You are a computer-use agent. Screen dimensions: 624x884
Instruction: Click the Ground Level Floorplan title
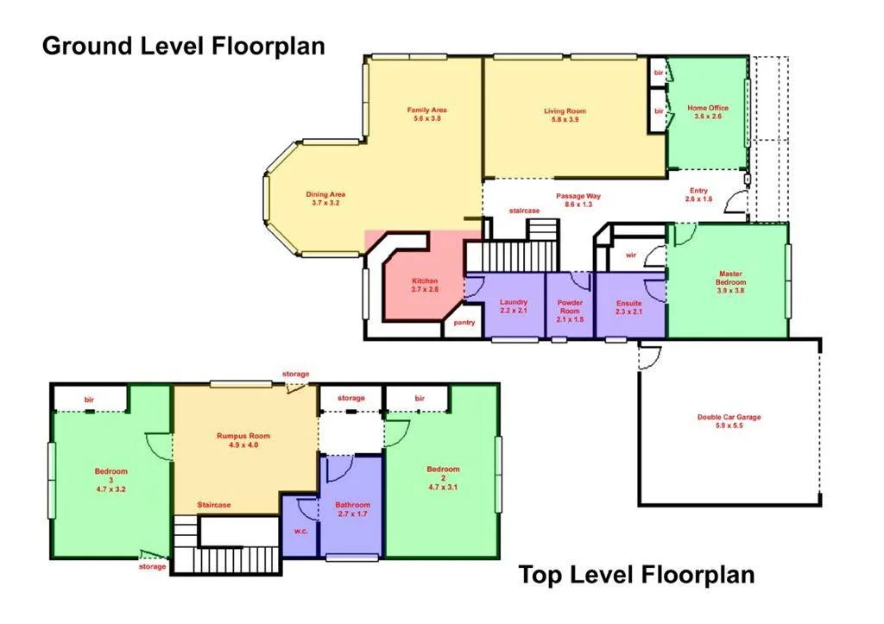pos(184,46)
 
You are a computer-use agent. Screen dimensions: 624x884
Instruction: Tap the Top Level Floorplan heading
pos(636,575)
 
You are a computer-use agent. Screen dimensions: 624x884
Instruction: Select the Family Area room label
pos(427,114)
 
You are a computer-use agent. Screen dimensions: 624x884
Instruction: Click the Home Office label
pos(708,112)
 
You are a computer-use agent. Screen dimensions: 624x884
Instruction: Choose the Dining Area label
pos(326,198)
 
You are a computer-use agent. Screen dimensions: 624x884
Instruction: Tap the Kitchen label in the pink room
pos(425,286)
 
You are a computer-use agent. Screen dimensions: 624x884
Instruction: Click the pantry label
pos(464,322)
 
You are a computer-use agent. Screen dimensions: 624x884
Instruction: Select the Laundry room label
pos(514,306)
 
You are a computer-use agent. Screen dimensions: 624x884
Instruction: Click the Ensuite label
pos(628,306)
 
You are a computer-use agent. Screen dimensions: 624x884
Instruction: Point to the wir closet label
pos(631,255)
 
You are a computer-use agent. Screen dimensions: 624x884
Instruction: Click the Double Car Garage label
pos(729,421)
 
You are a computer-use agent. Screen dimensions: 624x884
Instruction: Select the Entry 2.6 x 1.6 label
pos(699,194)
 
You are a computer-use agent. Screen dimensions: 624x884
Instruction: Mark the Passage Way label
pos(578,200)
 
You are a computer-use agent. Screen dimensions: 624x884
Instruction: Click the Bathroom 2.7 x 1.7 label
pos(353,509)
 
